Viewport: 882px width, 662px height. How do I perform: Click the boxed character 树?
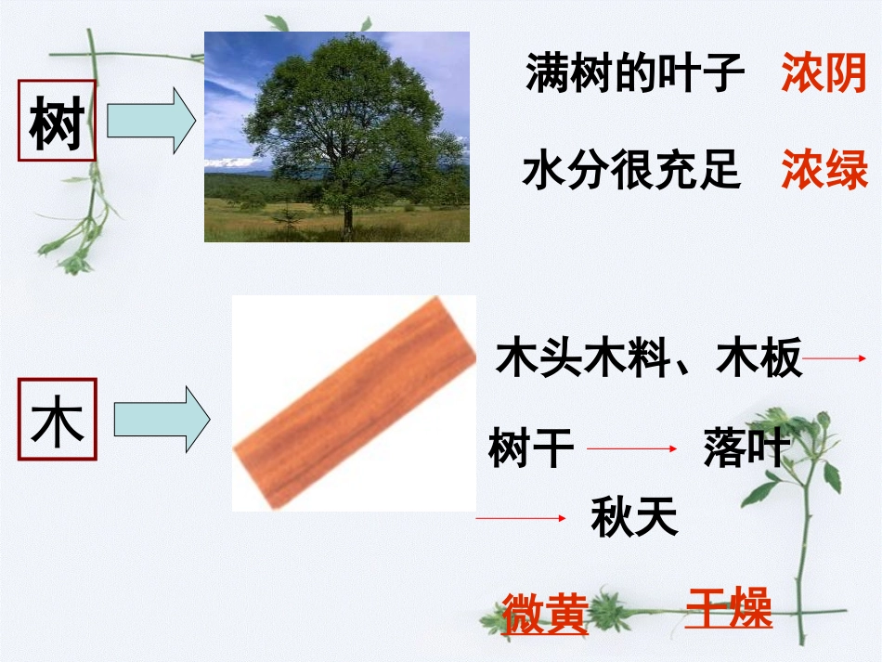pyautogui.click(x=57, y=122)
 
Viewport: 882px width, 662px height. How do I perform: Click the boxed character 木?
pyautogui.click(x=57, y=420)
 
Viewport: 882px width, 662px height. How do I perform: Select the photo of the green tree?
pyautogui.click(x=336, y=136)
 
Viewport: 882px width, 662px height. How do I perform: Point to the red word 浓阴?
pyautogui.click(x=824, y=73)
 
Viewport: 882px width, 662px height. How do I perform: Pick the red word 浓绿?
pyautogui.click(x=824, y=170)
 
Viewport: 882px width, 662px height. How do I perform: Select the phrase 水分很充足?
pyautogui.click(x=631, y=171)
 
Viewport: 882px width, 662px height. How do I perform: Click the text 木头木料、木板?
pyautogui.click(x=649, y=358)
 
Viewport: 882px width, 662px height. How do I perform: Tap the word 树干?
pyautogui.click(x=531, y=449)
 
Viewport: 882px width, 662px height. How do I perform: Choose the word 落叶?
pyautogui.click(x=746, y=449)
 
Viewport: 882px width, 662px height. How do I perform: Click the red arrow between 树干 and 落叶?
pyautogui.click(x=633, y=449)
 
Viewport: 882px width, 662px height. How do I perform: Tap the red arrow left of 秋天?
pyautogui.click(x=520, y=518)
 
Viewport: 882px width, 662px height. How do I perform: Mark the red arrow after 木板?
pyautogui.click(x=835, y=358)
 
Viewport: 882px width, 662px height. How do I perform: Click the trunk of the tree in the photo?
pyautogui.click(x=348, y=219)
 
